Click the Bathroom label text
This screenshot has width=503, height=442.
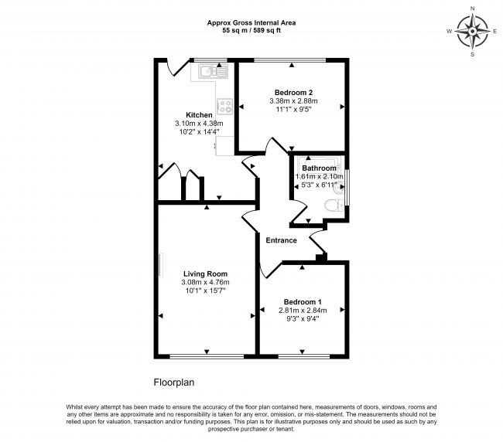click(319, 168)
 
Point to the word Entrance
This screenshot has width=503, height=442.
click(282, 240)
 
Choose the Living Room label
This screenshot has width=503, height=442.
click(205, 274)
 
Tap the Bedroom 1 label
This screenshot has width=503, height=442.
click(303, 301)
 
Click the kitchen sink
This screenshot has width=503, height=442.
click(210, 72)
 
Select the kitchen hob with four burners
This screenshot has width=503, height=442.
click(225, 106)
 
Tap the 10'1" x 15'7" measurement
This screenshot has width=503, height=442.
click(205, 291)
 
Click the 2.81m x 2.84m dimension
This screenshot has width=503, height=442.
click(303, 310)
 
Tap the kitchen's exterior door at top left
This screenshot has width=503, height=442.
click(177, 69)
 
